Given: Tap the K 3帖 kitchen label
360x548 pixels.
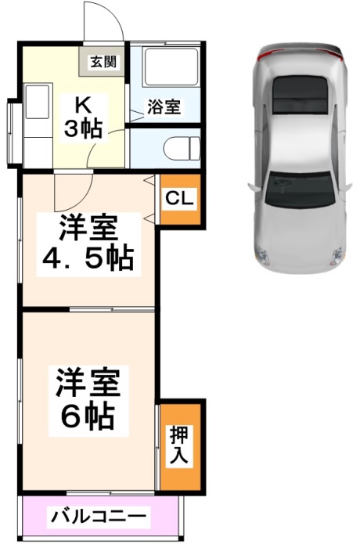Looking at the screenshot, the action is tap(83, 117).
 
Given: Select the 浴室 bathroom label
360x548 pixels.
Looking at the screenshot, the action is tap(164, 106).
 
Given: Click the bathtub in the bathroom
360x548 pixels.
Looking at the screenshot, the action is tap(171, 67).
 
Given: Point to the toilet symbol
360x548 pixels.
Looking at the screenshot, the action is tap(182, 149).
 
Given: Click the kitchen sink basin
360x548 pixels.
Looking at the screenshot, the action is tap(37, 101).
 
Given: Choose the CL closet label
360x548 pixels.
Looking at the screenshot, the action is tap(179, 198).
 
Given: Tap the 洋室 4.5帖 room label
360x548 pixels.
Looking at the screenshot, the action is tap(88, 243).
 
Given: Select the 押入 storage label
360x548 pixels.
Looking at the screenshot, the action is tap(178, 444).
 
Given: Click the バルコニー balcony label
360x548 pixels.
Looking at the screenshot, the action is tap(98, 516).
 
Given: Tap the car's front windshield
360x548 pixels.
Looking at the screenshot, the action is tap(298, 189).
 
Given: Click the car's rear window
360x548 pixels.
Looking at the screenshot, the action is tap(301, 94).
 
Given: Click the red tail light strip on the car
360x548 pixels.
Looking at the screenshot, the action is tap(300, 52).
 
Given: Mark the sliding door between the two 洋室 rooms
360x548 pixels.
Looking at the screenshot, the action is tap(112, 309).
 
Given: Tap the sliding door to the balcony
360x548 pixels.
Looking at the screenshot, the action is tap(110, 492).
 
